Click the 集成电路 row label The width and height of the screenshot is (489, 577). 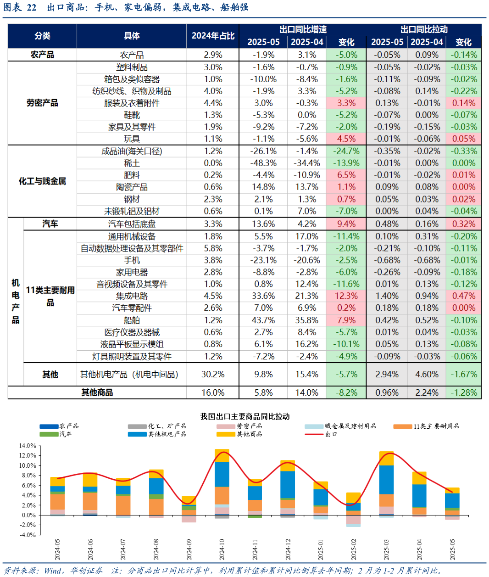(x=132, y=296)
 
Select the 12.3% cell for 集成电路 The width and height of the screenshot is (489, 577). (x=346, y=296)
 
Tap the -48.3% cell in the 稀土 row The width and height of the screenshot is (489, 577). (x=263, y=163)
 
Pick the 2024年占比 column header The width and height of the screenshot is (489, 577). (x=213, y=36)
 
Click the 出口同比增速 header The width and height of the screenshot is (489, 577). (x=303, y=29)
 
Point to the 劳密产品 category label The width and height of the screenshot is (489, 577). (x=42, y=103)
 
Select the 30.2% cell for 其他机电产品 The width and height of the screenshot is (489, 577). (x=213, y=375)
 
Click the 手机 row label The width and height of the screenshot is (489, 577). (x=132, y=260)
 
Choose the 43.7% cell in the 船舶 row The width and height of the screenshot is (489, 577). (x=263, y=320)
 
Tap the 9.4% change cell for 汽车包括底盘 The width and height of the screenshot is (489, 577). (x=346, y=224)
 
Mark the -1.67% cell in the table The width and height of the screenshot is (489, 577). (x=463, y=375)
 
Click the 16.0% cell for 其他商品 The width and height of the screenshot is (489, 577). (x=213, y=392)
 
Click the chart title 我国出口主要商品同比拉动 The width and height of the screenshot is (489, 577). (x=245, y=416)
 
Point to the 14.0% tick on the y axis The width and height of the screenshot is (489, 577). (x=27, y=446)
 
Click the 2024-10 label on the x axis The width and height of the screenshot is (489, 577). (x=222, y=549)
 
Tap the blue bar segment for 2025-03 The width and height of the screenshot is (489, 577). (x=387, y=480)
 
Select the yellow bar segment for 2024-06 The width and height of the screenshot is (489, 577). (x=90, y=480)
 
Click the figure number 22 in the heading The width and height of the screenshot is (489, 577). (x=31, y=7)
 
